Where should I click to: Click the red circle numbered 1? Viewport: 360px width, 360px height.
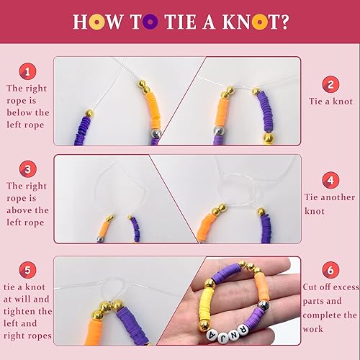tap(27, 71)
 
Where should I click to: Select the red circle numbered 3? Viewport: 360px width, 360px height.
tap(27, 170)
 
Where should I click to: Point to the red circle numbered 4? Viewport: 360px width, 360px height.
tap(330, 179)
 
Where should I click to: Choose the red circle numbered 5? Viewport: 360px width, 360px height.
tap(27, 271)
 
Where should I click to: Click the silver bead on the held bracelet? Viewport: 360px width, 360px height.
tap(264, 305)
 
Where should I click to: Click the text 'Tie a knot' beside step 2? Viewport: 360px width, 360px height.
tap(330, 101)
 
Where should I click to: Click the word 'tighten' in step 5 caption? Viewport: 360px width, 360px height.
tap(29, 311)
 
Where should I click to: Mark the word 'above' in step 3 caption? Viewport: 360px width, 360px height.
tap(19, 210)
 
